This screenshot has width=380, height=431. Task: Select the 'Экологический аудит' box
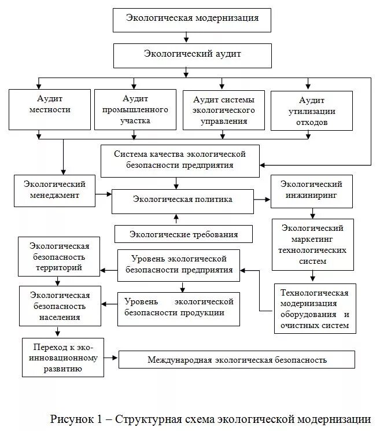193,54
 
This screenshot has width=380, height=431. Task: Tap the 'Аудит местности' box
50,108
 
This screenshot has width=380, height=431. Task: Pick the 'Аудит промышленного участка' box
135,109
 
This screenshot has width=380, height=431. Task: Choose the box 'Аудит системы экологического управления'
223,109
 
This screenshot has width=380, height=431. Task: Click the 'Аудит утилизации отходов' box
311,110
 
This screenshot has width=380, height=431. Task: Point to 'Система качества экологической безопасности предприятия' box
180,160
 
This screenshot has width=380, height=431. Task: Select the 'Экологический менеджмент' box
55,190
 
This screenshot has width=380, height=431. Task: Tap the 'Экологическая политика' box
183,200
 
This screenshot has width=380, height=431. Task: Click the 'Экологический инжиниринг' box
311,191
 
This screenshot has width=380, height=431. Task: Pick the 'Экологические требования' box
184,234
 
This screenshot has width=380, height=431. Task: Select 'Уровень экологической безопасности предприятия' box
179,264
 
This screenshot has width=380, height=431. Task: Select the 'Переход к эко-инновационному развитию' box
63,358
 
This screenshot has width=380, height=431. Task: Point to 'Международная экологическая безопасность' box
237,360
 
